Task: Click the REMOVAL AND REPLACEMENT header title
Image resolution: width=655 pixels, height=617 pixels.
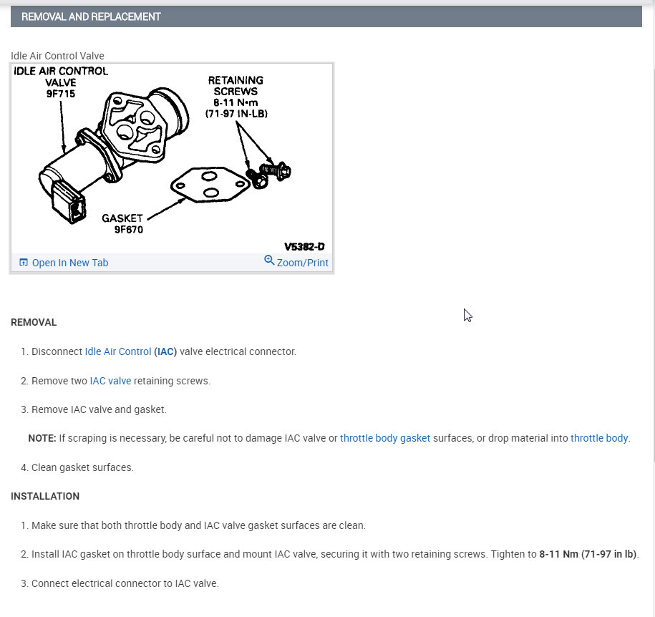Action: (x=91, y=16)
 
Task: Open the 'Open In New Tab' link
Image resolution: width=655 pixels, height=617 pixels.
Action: (x=69, y=263)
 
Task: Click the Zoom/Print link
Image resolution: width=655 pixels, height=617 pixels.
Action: (x=302, y=263)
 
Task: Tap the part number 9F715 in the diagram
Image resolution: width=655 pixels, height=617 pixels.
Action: (x=60, y=94)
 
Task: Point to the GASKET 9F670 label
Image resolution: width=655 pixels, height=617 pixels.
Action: (x=122, y=223)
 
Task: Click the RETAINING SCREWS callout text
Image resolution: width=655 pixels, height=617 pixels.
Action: (x=236, y=86)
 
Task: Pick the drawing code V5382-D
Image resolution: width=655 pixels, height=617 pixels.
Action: (x=304, y=246)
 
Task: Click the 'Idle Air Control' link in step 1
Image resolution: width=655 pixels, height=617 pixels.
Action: (x=118, y=351)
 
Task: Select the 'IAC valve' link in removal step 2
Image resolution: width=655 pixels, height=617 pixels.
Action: (x=110, y=381)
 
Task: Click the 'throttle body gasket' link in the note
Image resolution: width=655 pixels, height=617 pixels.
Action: (x=385, y=438)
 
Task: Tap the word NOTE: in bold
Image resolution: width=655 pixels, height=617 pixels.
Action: (x=42, y=438)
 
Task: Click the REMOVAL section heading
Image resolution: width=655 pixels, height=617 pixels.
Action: (x=34, y=322)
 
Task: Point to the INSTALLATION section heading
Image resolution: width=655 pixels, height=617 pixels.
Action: (x=45, y=496)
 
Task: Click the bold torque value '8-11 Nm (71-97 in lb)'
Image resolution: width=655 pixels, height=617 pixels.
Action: (x=588, y=554)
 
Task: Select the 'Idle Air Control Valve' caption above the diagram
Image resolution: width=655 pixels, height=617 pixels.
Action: (x=57, y=56)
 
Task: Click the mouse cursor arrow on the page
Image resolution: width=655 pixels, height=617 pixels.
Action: (x=467, y=314)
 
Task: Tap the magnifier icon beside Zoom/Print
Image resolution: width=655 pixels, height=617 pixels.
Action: (x=269, y=261)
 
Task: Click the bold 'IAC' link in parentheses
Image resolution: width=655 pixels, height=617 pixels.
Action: (x=165, y=351)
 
